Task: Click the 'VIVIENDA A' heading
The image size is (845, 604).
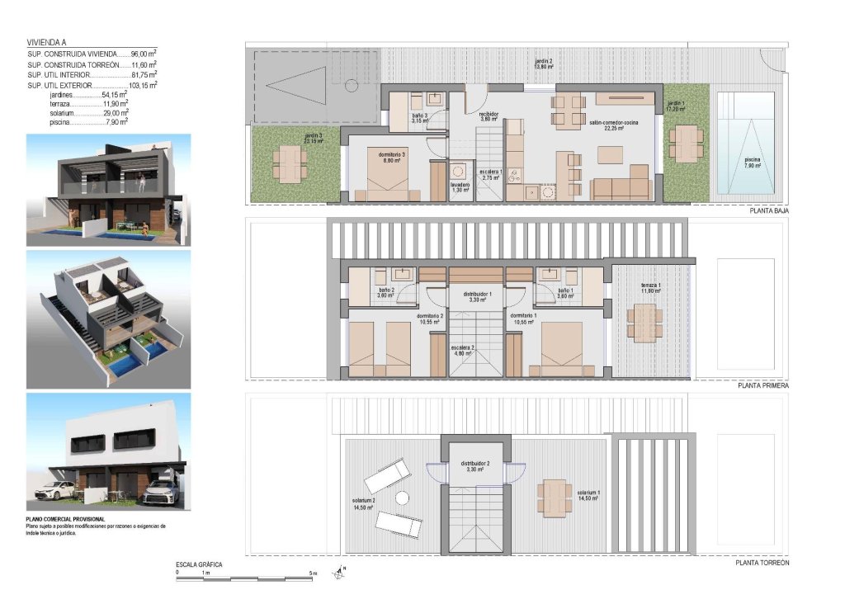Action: click(48, 42)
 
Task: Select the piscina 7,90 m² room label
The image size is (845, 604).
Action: click(752, 162)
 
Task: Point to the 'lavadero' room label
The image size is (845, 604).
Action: click(460, 186)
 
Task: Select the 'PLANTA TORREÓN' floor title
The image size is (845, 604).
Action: click(762, 562)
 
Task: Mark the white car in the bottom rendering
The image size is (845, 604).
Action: click(56, 493)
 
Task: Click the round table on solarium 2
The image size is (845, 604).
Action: click(402, 498)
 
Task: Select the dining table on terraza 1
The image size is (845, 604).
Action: click(644, 322)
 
